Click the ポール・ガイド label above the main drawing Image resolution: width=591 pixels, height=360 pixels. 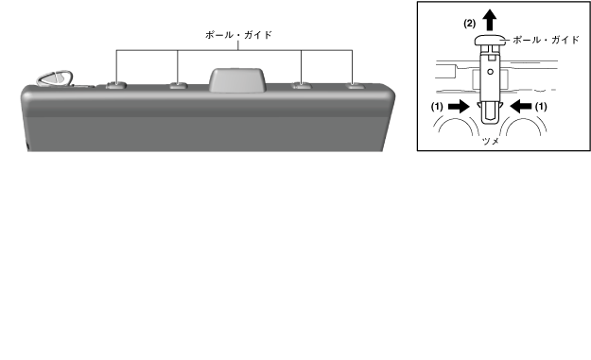point(238,35)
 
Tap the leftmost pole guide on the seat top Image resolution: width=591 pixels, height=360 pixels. point(115,85)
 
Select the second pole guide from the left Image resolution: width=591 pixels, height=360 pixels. point(179,85)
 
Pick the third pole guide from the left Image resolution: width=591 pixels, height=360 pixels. point(302,85)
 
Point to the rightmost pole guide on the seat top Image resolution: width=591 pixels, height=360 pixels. point(355,85)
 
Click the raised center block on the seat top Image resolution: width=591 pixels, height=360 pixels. point(237,79)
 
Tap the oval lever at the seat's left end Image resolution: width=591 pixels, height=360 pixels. point(55,77)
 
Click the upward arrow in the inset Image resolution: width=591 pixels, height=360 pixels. point(490,20)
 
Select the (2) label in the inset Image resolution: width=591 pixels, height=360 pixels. point(470,24)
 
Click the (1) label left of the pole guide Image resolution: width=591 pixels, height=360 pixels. point(437,107)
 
